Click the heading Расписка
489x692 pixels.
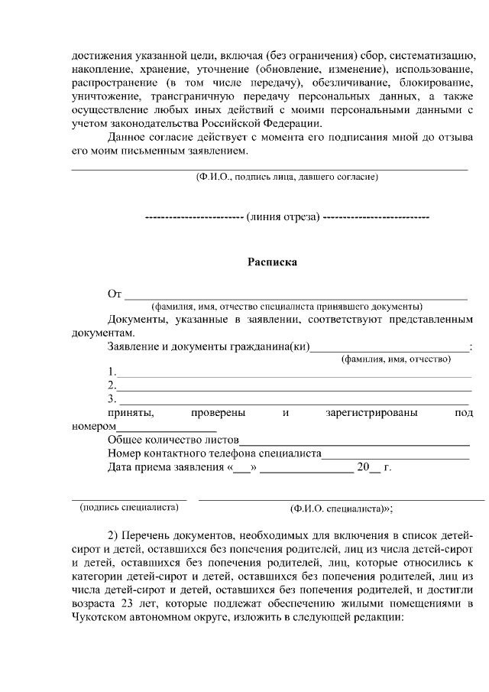[x=271, y=262]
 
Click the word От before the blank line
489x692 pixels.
[x=115, y=294]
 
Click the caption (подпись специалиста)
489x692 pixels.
[x=128, y=507]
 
